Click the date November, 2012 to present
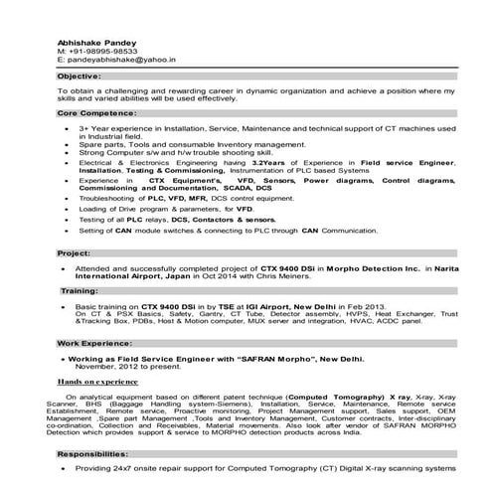(116, 366)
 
